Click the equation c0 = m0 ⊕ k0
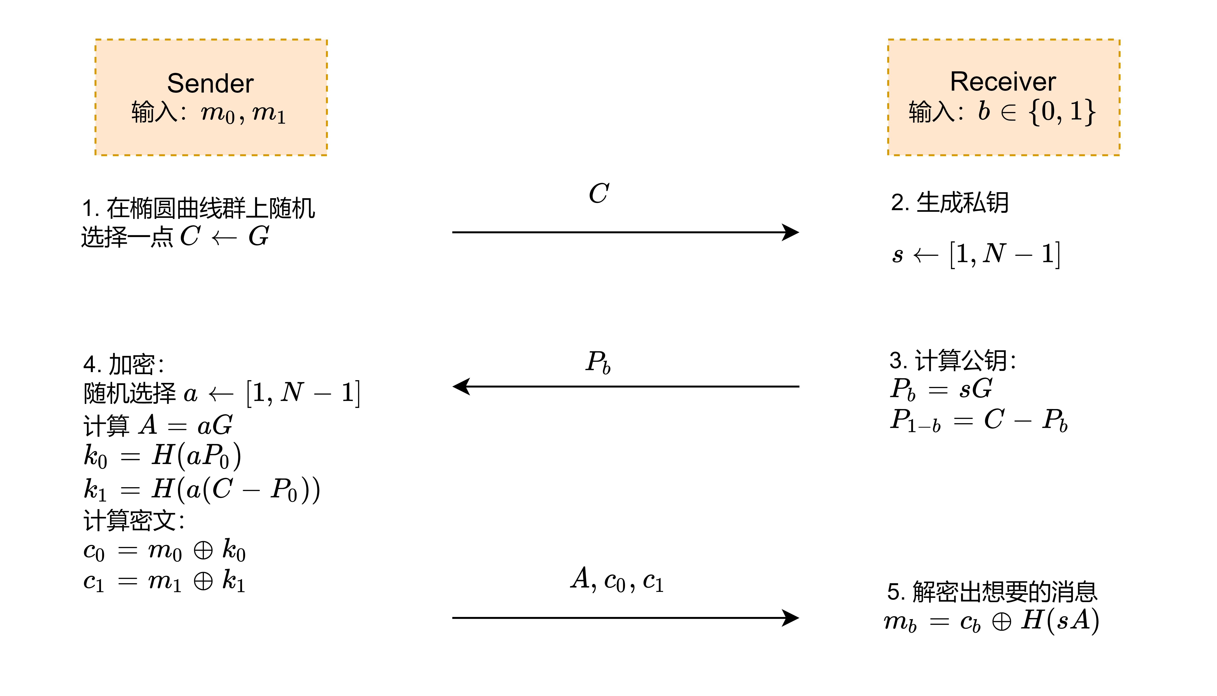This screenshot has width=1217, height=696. [x=164, y=551]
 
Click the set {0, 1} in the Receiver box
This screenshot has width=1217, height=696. [x=1062, y=112]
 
